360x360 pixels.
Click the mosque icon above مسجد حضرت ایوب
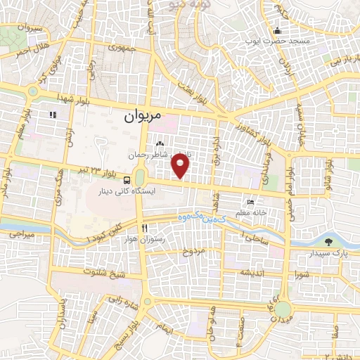coord(278,30)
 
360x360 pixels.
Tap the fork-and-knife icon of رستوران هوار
coord(145,228)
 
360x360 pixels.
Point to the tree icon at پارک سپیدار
coord(330,242)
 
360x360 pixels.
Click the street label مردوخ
coord(193,251)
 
